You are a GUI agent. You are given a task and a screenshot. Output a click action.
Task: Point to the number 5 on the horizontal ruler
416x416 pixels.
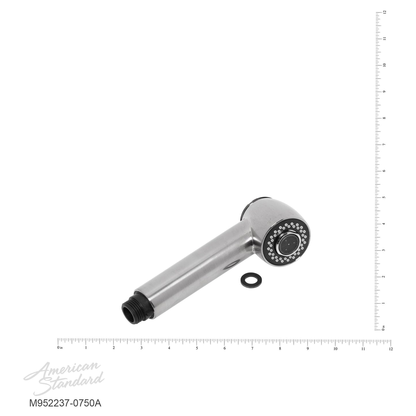click(197, 348)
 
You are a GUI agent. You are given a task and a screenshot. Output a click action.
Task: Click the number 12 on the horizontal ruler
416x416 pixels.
click(390, 349)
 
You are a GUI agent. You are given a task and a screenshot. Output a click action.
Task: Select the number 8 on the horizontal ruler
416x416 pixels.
click(280, 348)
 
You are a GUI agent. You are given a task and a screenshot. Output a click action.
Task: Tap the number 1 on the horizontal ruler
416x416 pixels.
click(86, 348)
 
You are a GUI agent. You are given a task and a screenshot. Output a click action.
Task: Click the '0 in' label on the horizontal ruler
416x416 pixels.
click(60, 348)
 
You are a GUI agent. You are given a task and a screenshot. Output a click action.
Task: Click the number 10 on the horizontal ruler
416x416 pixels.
click(335, 348)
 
